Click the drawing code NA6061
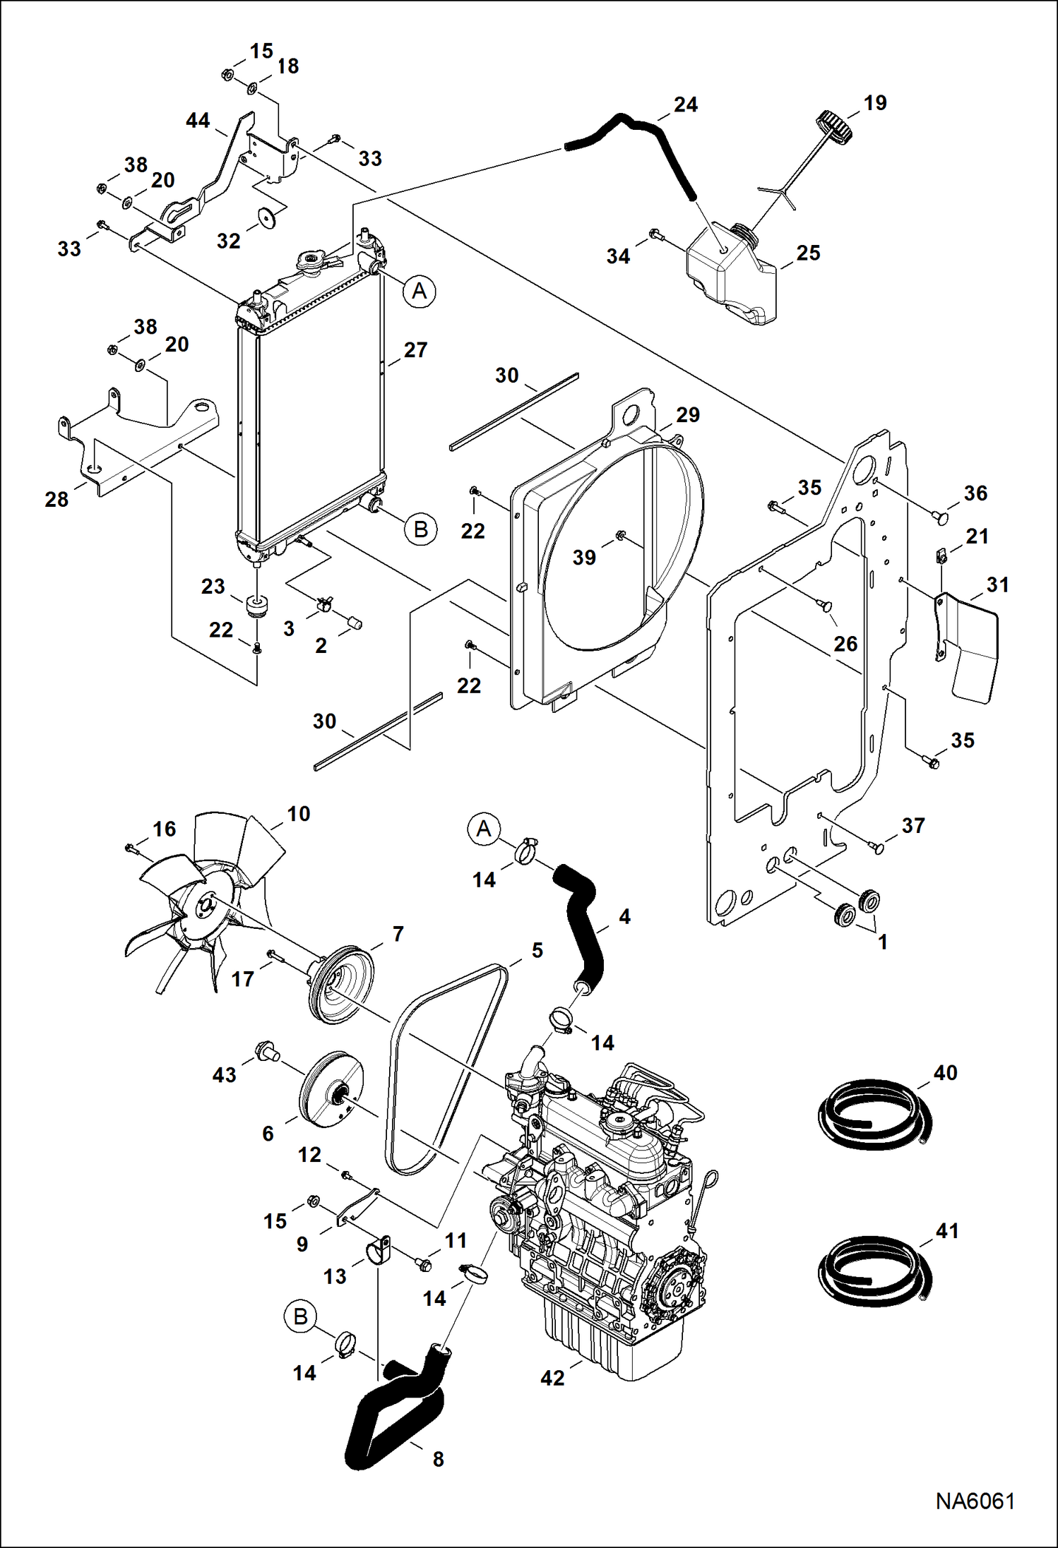click(x=975, y=1501)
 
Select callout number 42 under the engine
click(x=552, y=1377)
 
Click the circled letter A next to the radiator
click(x=420, y=291)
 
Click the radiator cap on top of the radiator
click(x=310, y=262)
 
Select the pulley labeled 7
click(x=341, y=981)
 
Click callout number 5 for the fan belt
click(x=537, y=950)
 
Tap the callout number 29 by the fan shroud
click(x=687, y=414)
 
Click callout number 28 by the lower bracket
click(x=57, y=499)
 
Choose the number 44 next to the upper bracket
click(x=198, y=121)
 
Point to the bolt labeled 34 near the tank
click(x=655, y=233)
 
